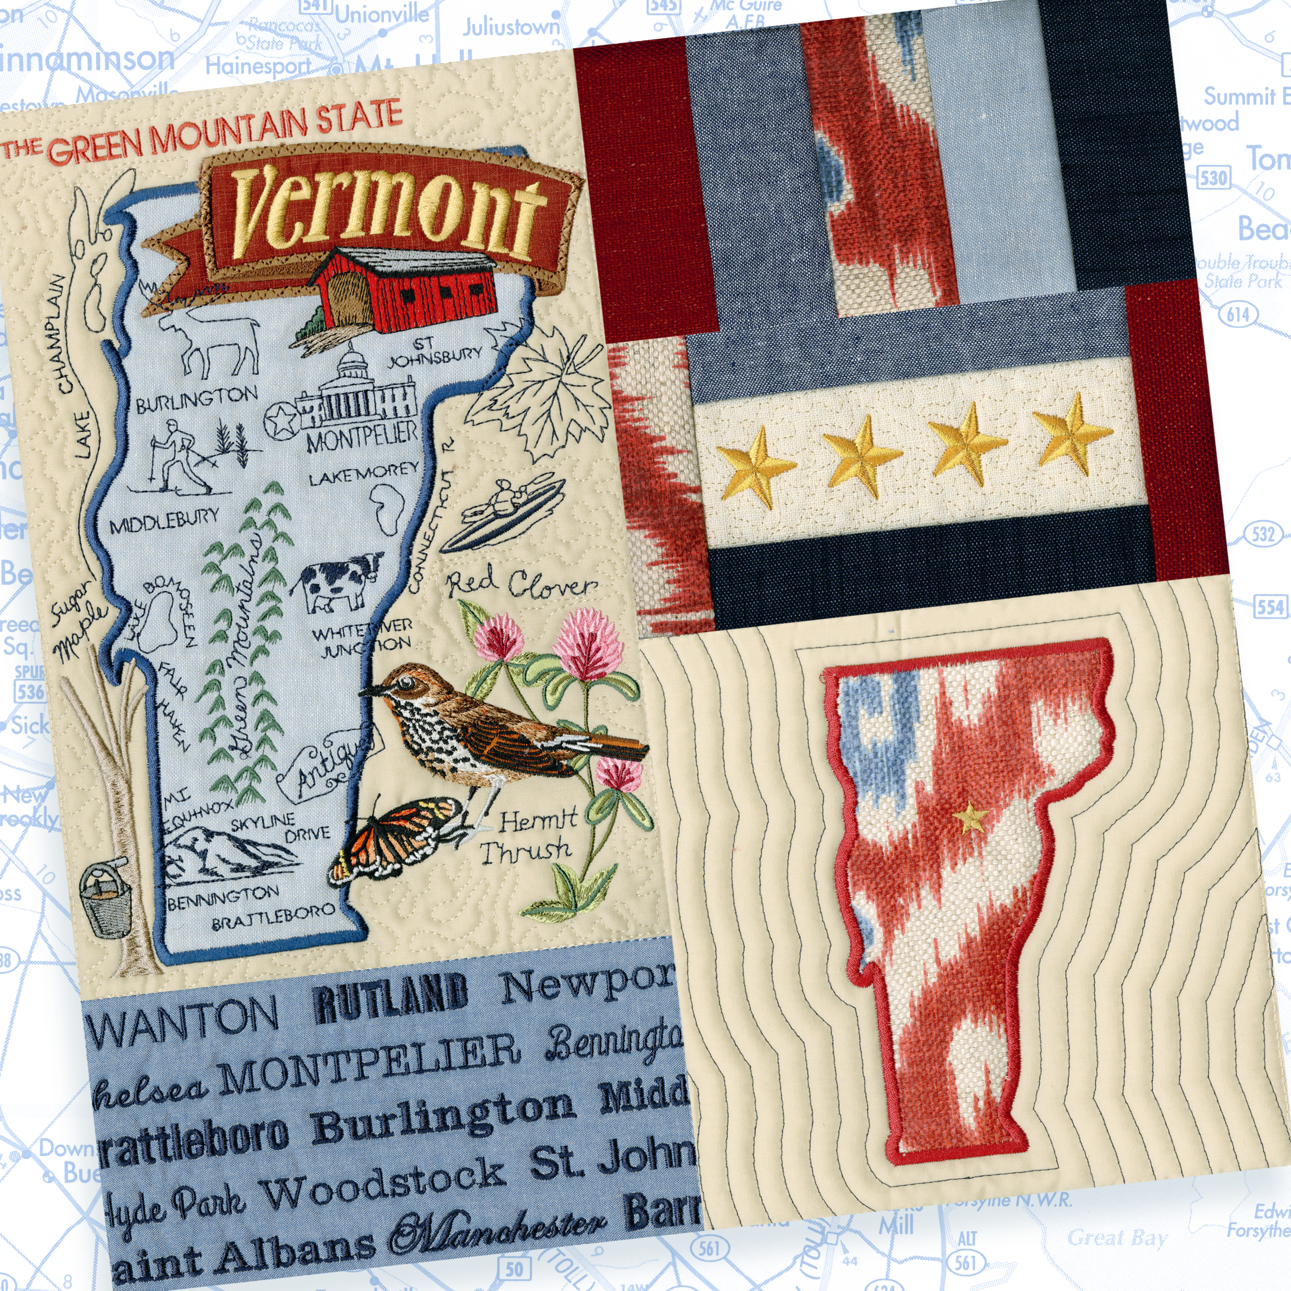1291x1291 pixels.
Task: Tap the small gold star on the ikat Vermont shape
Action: click(970, 817)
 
